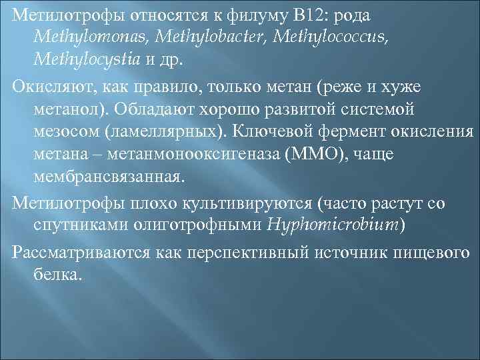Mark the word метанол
tap(70, 108)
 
